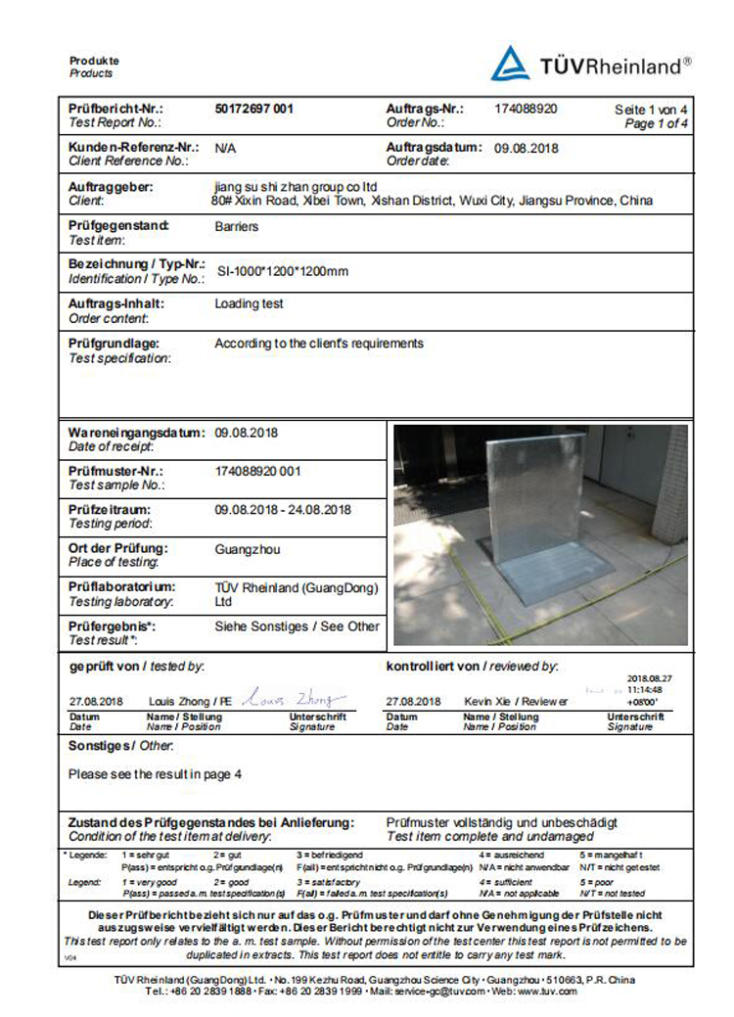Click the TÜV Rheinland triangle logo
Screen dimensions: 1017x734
[x=510, y=64]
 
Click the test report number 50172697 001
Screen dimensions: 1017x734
[x=253, y=109]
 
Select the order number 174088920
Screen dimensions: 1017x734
[x=527, y=109]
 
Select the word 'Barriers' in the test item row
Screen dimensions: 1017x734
[x=236, y=226]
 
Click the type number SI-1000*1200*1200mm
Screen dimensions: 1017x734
[x=282, y=271]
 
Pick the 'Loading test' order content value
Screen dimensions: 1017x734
[x=249, y=304]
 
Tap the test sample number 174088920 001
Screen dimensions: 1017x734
[x=257, y=471]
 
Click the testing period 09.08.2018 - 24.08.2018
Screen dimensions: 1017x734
[x=283, y=510]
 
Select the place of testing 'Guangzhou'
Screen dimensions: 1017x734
[x=247, y=549]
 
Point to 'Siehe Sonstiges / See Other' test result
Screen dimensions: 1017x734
[x=296, y=626]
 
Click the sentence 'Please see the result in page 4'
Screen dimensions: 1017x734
[x=155, y=774]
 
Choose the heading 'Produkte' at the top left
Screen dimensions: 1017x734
[x=94, y=61]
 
